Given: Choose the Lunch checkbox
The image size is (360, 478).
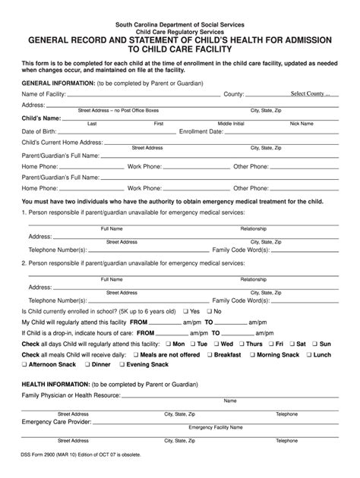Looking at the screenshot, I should click(308, 354).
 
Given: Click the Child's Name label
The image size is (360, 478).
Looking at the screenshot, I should click(41, 119).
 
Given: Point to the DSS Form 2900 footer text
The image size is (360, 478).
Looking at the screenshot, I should click(92, 454).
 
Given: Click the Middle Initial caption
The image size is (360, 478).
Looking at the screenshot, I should click(232, 123).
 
